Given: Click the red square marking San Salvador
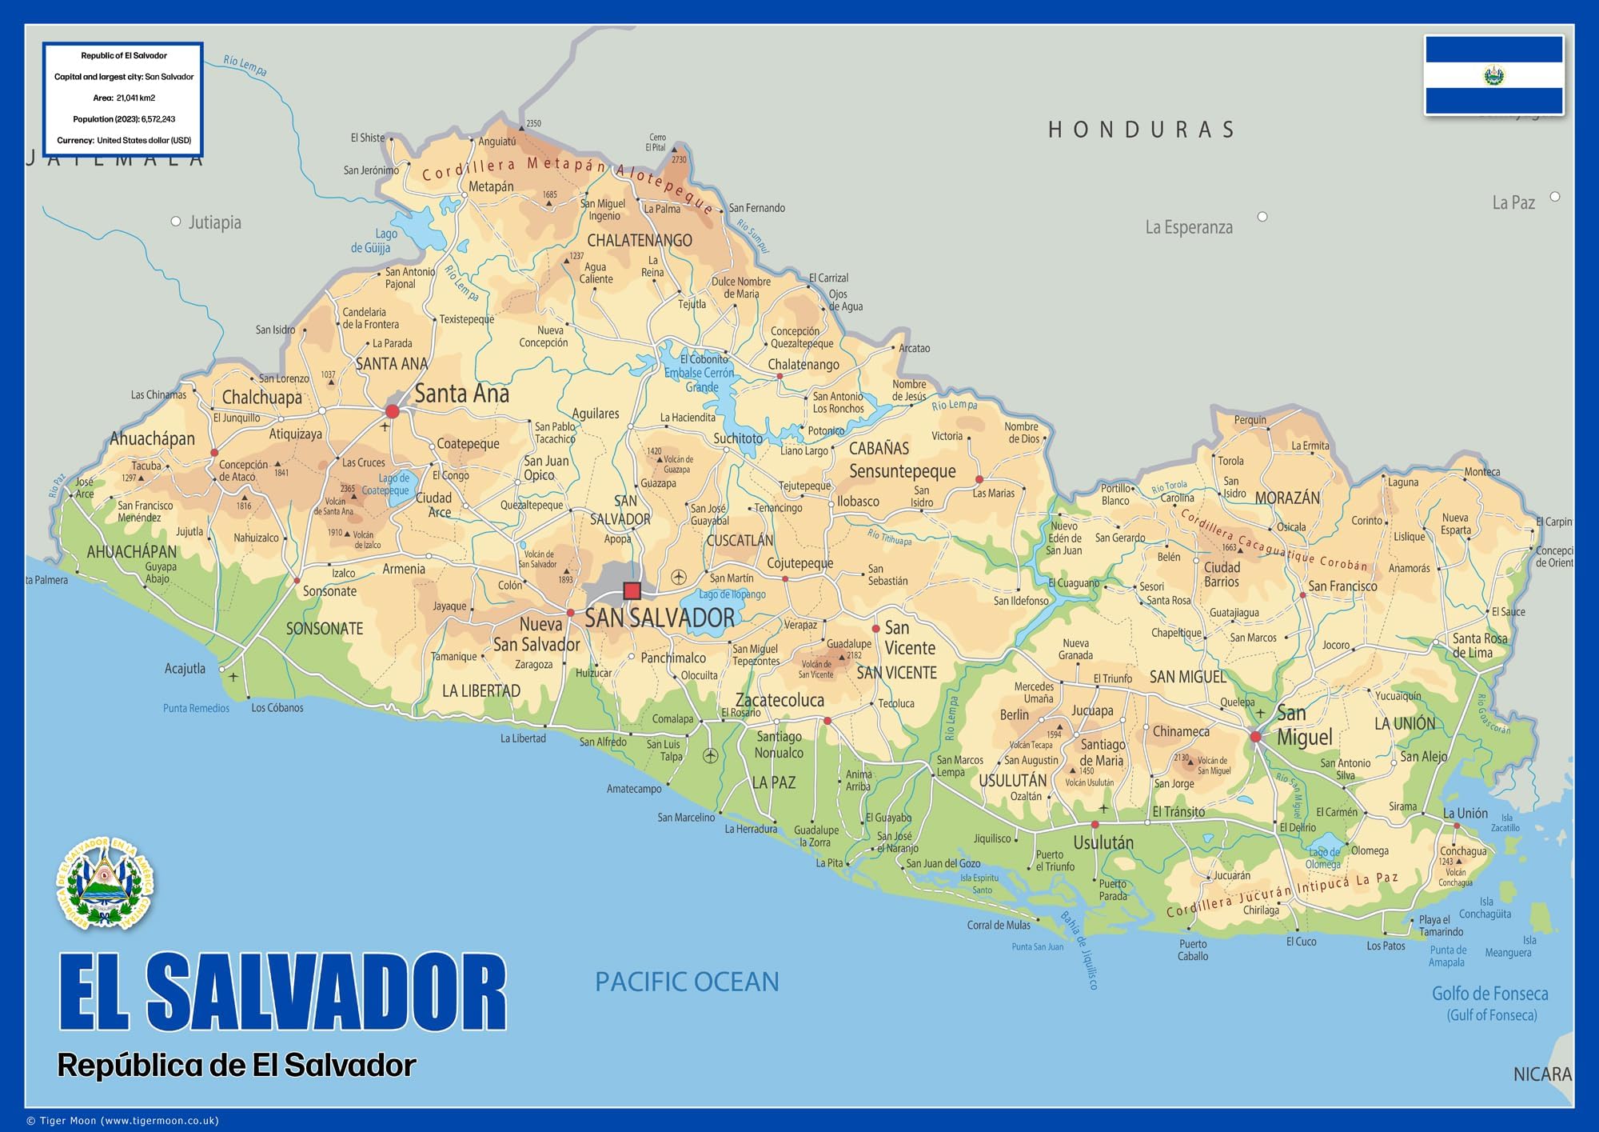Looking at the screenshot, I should point(632,591).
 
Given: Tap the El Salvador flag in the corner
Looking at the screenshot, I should point(1493,75).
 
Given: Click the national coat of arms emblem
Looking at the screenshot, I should point(105,884).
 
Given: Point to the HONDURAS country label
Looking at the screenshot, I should point(1142,130).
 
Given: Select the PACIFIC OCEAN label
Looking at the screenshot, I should point(687,982).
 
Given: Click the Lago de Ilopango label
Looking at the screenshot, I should point(732,594).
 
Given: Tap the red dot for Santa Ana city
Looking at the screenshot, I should point(392,411).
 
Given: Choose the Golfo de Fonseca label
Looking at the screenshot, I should point(1490,994).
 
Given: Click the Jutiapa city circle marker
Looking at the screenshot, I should point(176,222).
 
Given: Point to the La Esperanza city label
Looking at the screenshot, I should point(1189,227).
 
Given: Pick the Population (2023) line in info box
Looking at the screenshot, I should point(124,119).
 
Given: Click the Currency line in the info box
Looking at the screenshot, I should point(124,141).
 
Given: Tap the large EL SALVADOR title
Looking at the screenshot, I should point(283,992).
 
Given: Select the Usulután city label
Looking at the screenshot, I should point(1103,842).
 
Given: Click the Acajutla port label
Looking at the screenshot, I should point(185,669).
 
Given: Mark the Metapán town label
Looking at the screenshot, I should point(491,186).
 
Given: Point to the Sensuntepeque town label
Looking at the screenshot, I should point(902,471).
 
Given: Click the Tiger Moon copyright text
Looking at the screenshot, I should point(122,1121).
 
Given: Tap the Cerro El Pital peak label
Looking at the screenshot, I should point(656,142).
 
